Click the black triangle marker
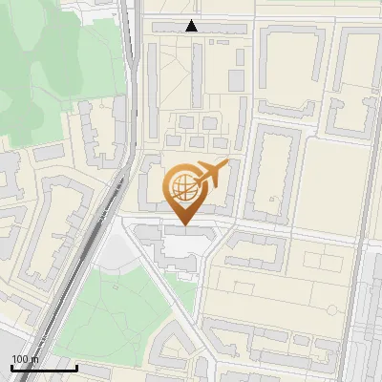click(192, 26)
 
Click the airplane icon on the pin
click(211, 175)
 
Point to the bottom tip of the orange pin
click(183, 225)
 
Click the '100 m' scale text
click(25, 359)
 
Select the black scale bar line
click(44, 368)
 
